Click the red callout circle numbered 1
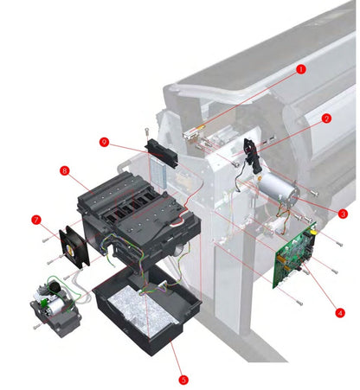(301, 68)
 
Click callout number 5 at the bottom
(183, 379)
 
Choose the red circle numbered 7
(36, 220)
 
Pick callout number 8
(64, 171)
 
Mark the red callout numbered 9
(104, 142)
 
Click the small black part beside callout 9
(161, 152)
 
